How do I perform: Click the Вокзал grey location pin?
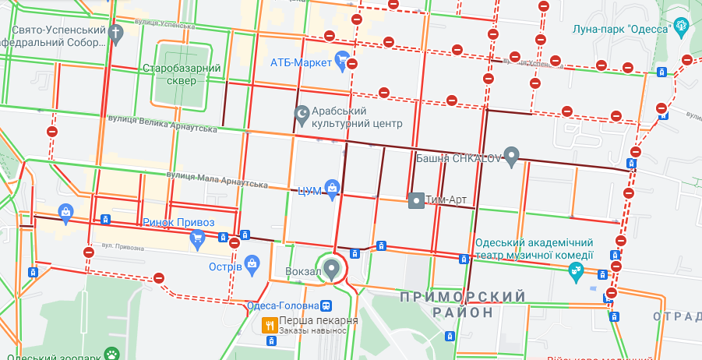(x=333, y=269)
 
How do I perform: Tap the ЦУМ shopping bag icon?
(x=332, y=187)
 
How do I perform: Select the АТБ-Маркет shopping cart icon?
(x=340, y=59)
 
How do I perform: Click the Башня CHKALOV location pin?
(x=511, y=156)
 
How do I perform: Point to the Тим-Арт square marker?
(x=416, y=200)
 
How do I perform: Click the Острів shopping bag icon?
(x=252, y=264)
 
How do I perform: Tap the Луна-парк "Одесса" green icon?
(x=683, y=27)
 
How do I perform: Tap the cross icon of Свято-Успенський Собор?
(x=117, y=34)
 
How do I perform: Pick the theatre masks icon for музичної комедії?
(x=577, y=270)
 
